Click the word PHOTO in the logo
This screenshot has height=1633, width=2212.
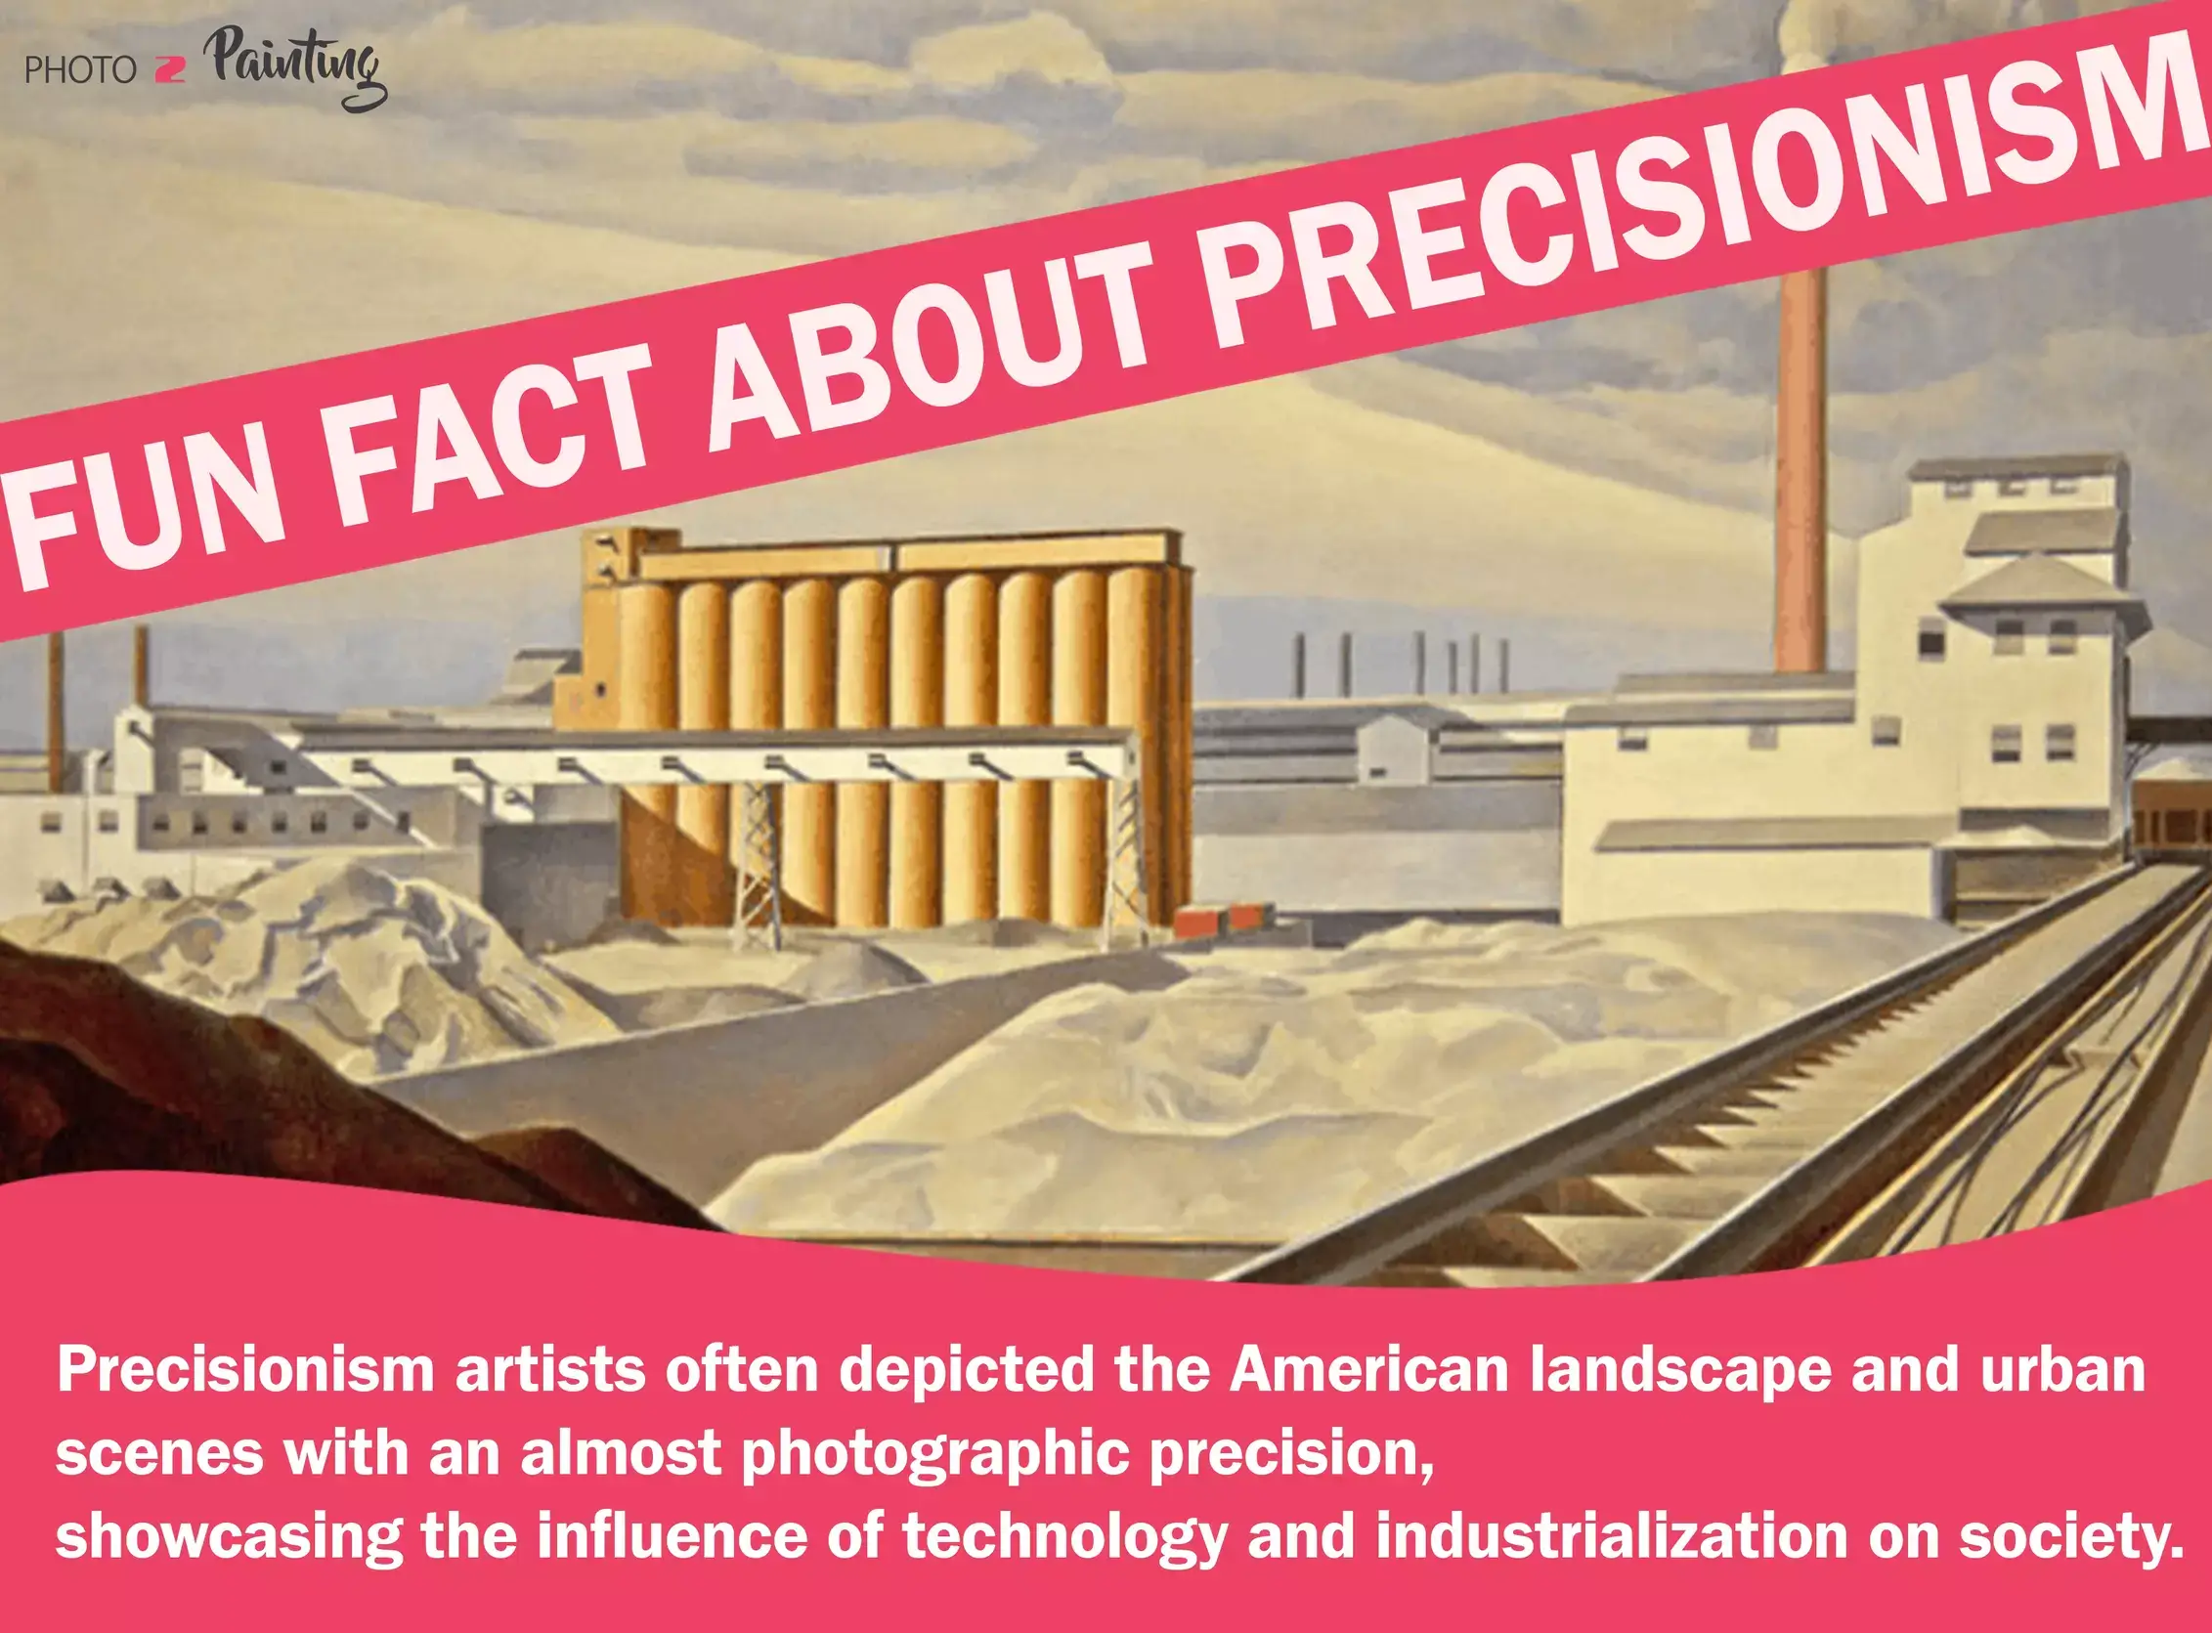point(80,71)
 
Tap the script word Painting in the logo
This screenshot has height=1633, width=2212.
point(296,67)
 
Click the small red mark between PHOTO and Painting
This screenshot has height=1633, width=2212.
point(170,71)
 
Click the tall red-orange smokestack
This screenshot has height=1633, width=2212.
point(1800,475)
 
